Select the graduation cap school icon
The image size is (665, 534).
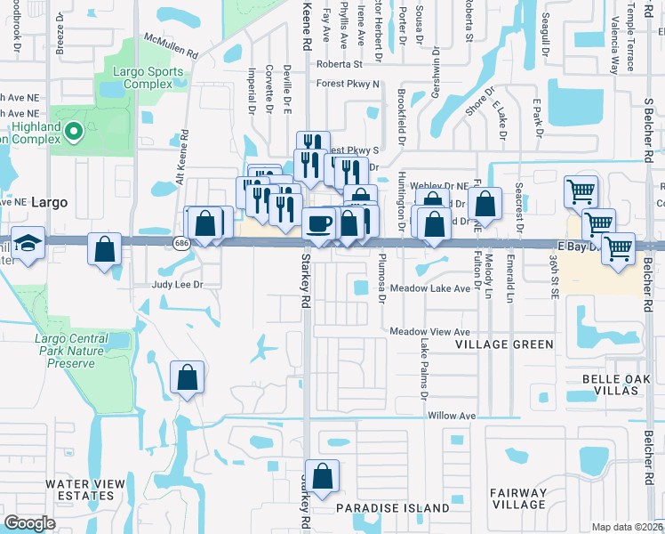coord(28,242)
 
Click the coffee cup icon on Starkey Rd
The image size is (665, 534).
coord(318,223)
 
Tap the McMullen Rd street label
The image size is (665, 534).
coord(172,47)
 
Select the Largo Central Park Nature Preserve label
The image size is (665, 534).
coord(77,351)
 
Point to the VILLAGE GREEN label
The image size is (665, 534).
coord(505,344)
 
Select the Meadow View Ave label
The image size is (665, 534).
coord(429,331)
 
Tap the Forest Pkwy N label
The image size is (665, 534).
coord(349,84)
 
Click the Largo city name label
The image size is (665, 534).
coord(49,202)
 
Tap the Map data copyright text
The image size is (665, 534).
coord(628,527)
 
